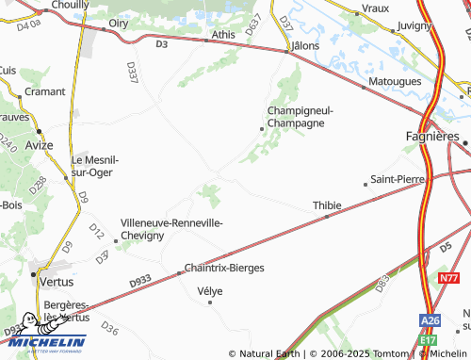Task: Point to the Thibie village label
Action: (x=326, y=205)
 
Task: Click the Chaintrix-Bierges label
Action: (x=224, y=268)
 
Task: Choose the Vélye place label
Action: (x=209, y=291)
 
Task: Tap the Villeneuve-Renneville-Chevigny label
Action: (x=171, y=229)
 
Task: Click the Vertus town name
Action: (x=55, y=281)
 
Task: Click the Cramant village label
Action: (x=44, y=93)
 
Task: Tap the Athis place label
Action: (x=224, y=35)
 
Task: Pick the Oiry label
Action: (x=119, y=23)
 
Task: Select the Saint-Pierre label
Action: (x=399, y=178)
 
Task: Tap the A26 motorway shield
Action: (x=430, y=321)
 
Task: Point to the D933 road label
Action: (x=138, y=281)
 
